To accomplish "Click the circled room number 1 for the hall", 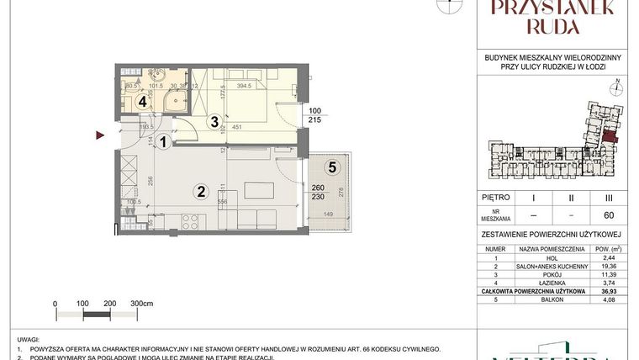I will [x=165, y=143].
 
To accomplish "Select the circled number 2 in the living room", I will [x=200, y=191].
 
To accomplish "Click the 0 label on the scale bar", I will [x=55, y=301].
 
